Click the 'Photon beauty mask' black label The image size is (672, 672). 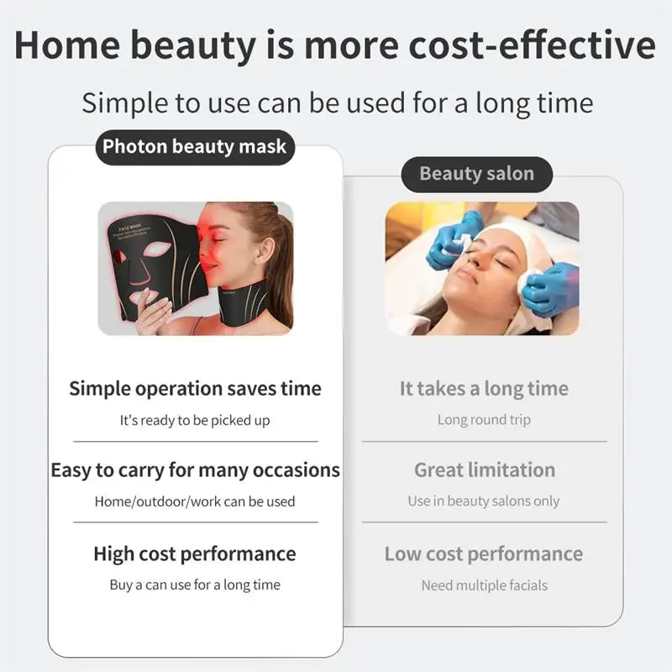pyautogui.click(x=194, y=148)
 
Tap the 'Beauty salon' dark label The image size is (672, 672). pyautogui.click(x=476, y=174)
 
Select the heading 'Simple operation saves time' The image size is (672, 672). pyautogui.click(x=195, y=389)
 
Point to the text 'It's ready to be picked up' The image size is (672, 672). pyautogui.click(x=195, y=420)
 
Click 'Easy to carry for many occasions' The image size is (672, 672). pyautogui.click(x=195, y=470)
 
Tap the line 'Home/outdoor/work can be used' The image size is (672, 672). pyautogui.click(x=195, y=501)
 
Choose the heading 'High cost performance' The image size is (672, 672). pyautogui.click(x=195, y=554)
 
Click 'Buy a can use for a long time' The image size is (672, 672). pyautogui.click(x=195, y=585)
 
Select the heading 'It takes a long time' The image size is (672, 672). pyautogui.click(x=484, y=389)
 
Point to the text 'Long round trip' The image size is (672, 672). pyautogui.click(x=484, y=420)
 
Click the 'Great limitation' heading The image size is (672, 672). pyautogui.click(x=484, y=470)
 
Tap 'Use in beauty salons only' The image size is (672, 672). pyautogui.click(x=484, y=501)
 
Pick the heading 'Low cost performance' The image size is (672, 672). pyautogui.click(x=484, y=554)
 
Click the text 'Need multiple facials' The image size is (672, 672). pyautogui.click(x=484, y=585)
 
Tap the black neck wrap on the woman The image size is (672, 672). pyautogui.click(x=252, y=298)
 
